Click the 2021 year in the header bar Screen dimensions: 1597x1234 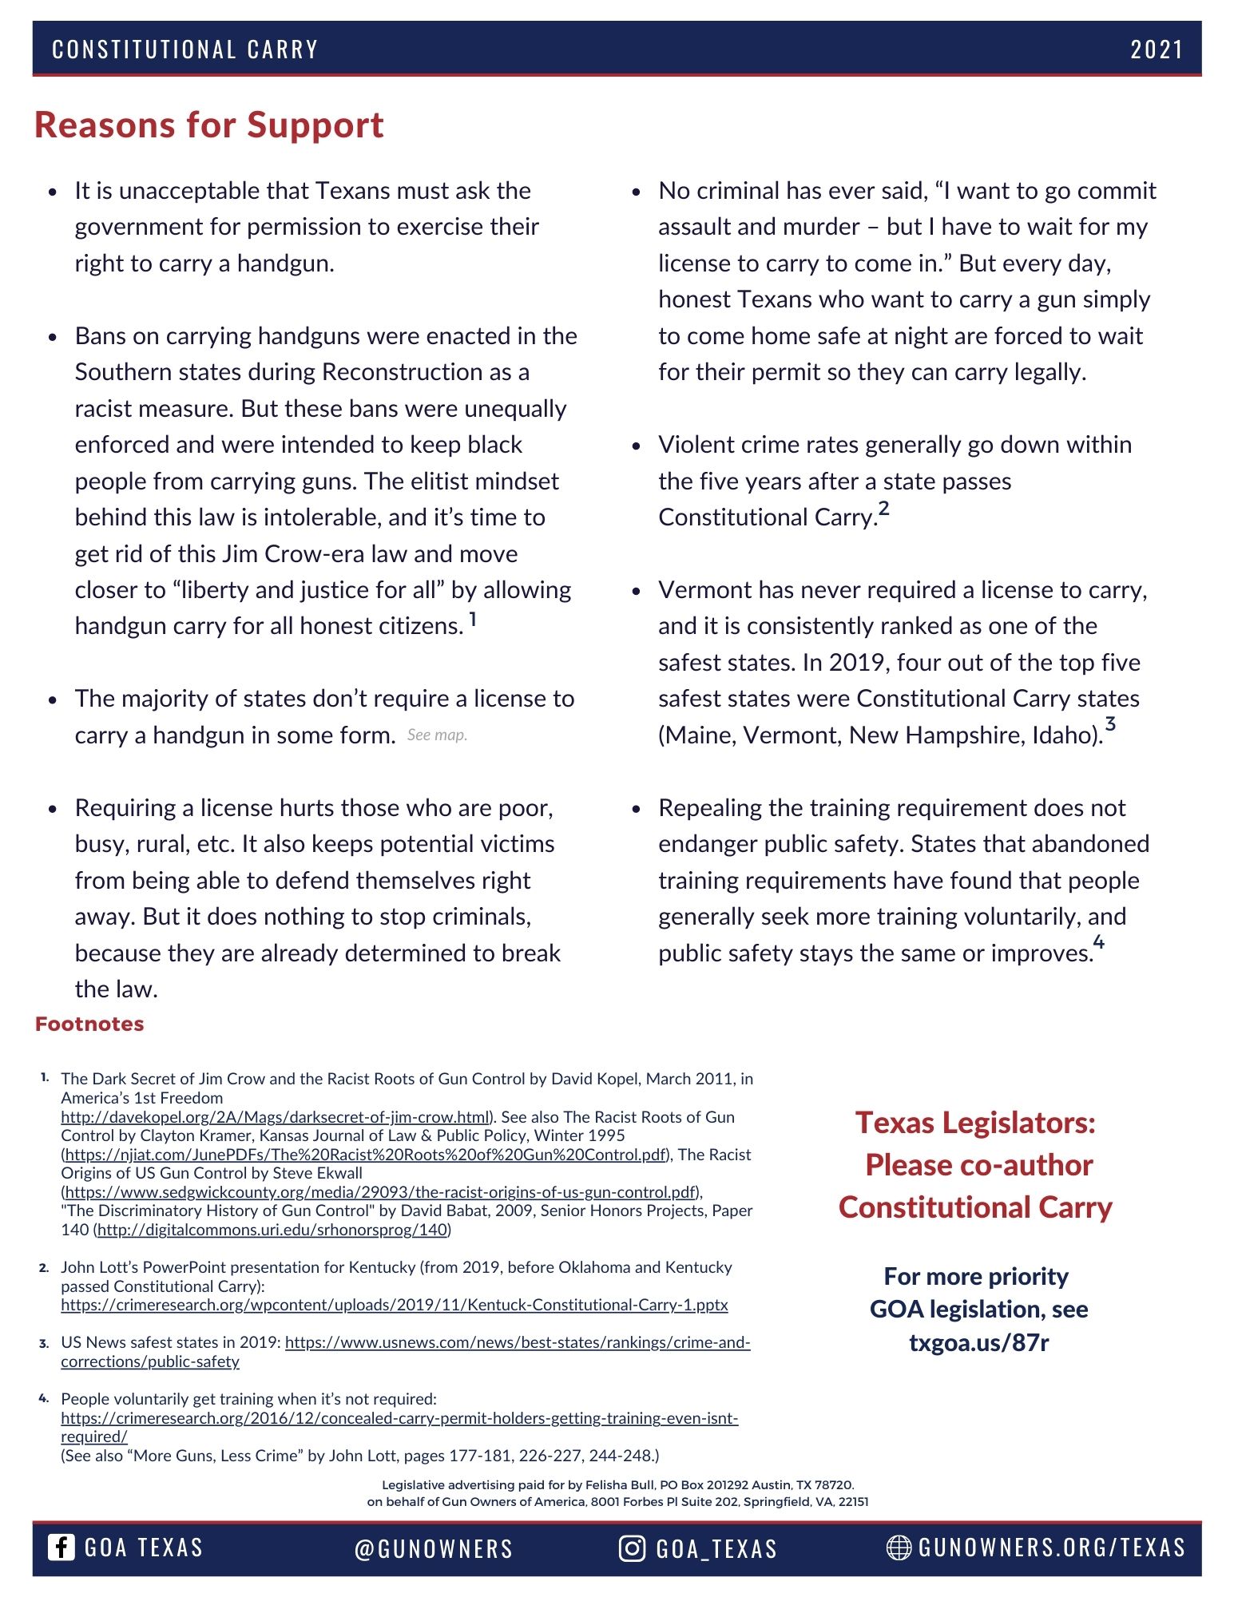coord(1156,50)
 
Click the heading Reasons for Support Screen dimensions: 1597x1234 coord(208,125)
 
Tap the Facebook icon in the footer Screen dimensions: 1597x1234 coord(61,1547)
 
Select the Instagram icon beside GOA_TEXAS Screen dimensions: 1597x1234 coord(631,1548)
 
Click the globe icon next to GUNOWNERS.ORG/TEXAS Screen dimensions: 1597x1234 coord(899,1547)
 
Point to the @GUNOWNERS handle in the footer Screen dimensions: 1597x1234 coord(433,1549)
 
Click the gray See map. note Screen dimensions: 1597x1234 coord(437,735)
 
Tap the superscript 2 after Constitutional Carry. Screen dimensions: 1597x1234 coord(883,509)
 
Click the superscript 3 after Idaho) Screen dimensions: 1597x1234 coord(1110,725)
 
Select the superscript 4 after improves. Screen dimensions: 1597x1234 coord(1099,942)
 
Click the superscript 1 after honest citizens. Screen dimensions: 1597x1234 coord(473,618)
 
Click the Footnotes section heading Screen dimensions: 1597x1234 coord(89,1024)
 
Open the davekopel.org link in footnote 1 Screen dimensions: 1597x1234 coord(275,1117)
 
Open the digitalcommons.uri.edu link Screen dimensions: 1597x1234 coord(272,1230)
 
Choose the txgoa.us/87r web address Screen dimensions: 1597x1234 coord(978,1342)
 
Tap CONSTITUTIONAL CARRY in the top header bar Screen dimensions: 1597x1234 coord(185,50)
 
